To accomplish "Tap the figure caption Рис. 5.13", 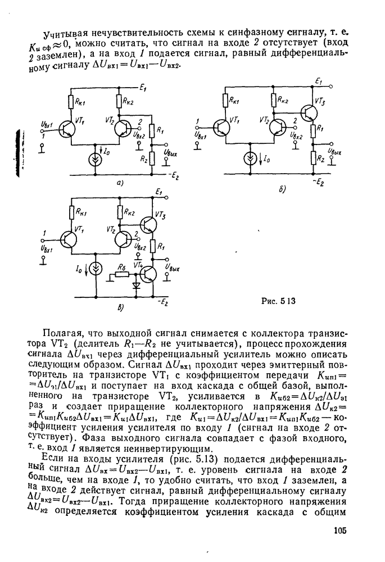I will point(278,301).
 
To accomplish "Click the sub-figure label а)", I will point(119,183).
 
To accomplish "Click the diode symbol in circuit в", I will point(135,284).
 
